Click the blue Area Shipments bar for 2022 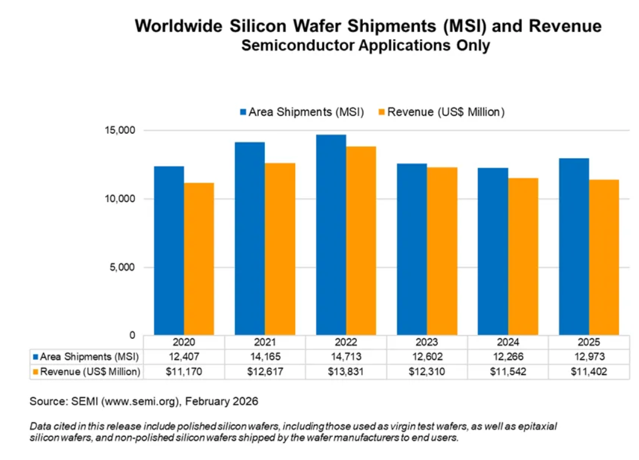pos(331,235)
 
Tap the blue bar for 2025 pos(574,247)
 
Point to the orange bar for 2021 pos(280,249)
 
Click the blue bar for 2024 pos(493,251)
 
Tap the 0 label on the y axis pos(133,335)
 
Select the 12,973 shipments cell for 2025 pos(589,357)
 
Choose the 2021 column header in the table pos(265,342)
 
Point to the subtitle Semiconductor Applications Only pos(365,46)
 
